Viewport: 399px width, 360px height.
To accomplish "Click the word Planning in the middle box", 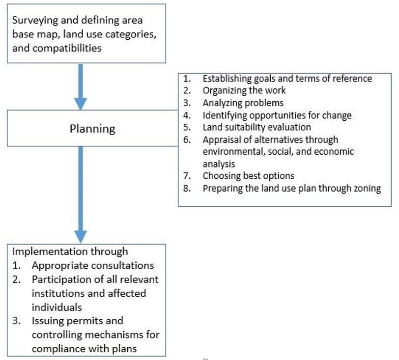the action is [x=92, y=129].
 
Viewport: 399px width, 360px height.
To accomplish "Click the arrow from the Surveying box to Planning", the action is [x=81, y=87].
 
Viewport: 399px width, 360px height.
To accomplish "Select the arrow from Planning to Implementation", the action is [x=81, y=194].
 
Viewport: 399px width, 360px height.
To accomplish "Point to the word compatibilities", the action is [x=67, y=48].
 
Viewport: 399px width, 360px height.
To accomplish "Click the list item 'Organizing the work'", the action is [x=244, y=90].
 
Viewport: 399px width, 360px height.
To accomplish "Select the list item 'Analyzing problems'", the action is [x=243, y=103].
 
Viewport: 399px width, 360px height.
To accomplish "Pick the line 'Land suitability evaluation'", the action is [x=257, y=127].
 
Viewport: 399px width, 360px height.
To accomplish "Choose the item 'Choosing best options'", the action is [x=248, y=176].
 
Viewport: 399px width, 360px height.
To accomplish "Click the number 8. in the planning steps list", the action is [x=187, y=188].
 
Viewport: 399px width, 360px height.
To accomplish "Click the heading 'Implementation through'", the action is [x=70, y=251].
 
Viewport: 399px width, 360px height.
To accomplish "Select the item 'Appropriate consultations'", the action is [x=93, y=266].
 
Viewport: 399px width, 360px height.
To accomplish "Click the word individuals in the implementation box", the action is [x=57, y=307].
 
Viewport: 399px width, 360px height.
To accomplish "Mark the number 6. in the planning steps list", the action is [x=187, y=139].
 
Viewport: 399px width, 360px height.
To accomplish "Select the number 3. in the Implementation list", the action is [x=16, y=321].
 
